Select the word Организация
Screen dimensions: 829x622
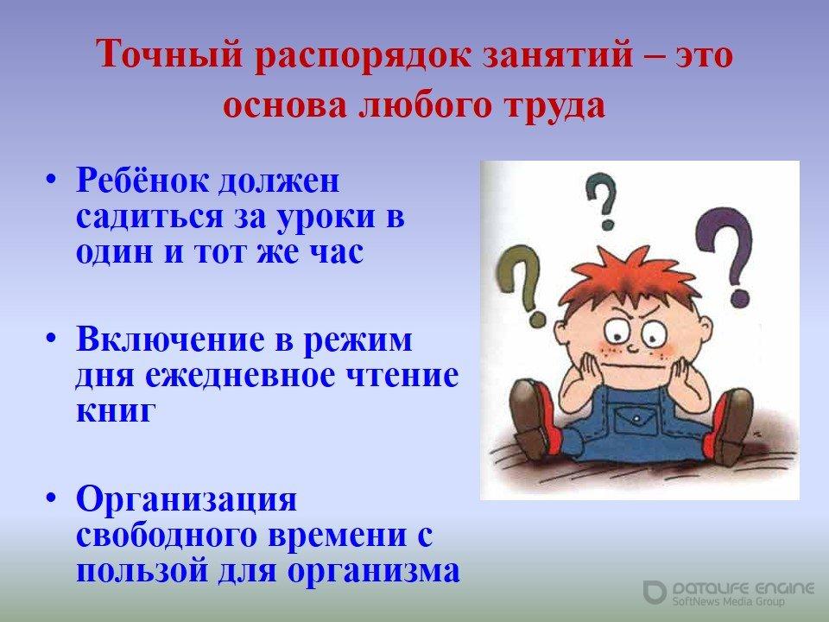(x=187, y=499)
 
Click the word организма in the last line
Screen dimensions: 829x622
(x=373, y=571)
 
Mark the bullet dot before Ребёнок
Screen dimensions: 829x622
(x=51, y=180)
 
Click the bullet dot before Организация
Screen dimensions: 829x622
(x=51, y=498)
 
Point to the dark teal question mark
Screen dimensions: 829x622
(x=604, y=201)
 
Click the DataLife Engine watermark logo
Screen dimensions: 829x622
(x=655, y=592)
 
